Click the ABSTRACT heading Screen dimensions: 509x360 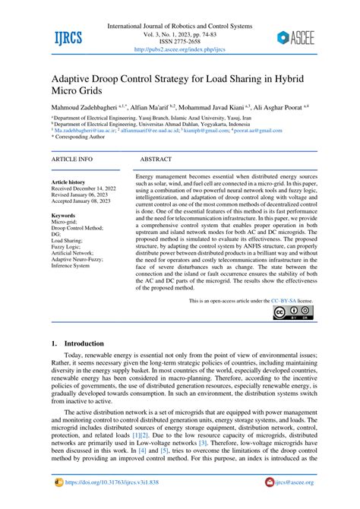tap(160, 160)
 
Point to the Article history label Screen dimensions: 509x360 tap(68, 182)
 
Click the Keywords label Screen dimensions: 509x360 tap(63, 216)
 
